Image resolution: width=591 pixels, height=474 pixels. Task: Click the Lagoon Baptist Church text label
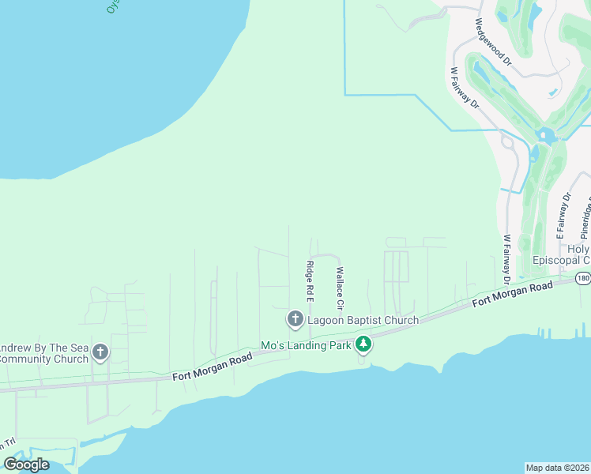click(363, 320)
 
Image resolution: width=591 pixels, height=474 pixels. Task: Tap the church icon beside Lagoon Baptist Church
click(295, 320)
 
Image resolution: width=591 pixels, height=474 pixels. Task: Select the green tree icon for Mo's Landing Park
click(363, 344)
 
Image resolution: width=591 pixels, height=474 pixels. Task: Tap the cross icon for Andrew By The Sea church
click(100, 352)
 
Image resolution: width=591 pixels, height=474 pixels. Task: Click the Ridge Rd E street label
click(311, 281)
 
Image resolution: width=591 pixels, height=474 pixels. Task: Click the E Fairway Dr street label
click(563, 216)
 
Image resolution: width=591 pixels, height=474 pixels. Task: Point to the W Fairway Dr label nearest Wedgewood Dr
click(465, 87)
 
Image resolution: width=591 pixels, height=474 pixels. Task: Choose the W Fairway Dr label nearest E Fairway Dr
click(506, 260)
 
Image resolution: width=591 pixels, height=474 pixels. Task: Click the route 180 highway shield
click(583, 278)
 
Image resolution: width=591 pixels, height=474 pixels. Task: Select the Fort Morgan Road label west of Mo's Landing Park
click(212, 368)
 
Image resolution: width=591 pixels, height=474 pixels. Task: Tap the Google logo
click(26, 465)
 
